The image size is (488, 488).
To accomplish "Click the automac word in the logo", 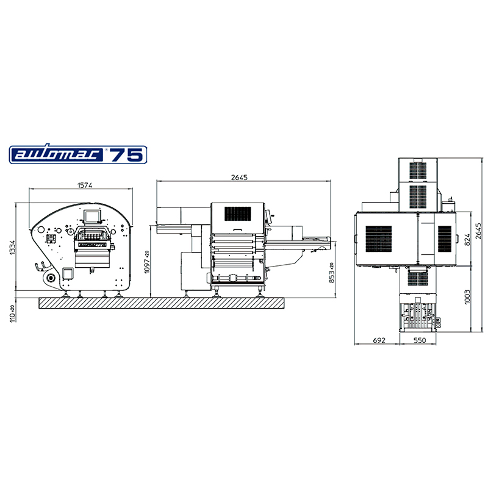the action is coord(59,154).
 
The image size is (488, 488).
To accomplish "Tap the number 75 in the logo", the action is coord(126,155).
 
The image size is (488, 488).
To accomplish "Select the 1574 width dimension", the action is coord(85,185).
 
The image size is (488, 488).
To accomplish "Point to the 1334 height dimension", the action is coord(12,247).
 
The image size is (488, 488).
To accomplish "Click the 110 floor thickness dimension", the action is coord(12,314).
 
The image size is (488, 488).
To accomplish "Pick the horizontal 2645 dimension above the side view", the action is coord(239,178).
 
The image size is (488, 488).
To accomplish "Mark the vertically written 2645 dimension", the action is coord(478,231).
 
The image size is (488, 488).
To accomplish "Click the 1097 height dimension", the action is coord(147,262).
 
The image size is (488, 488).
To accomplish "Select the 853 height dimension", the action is coord(332,273).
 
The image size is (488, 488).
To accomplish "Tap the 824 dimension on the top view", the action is coord(467,240).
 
